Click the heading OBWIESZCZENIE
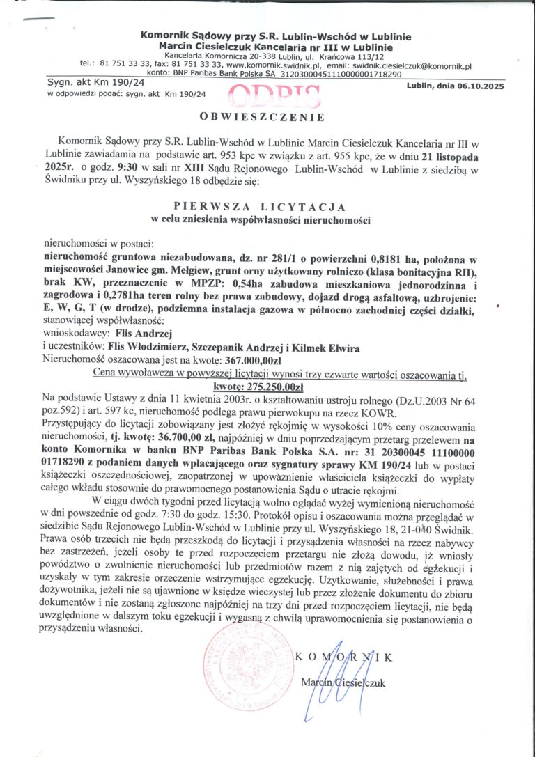click(262, 116)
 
